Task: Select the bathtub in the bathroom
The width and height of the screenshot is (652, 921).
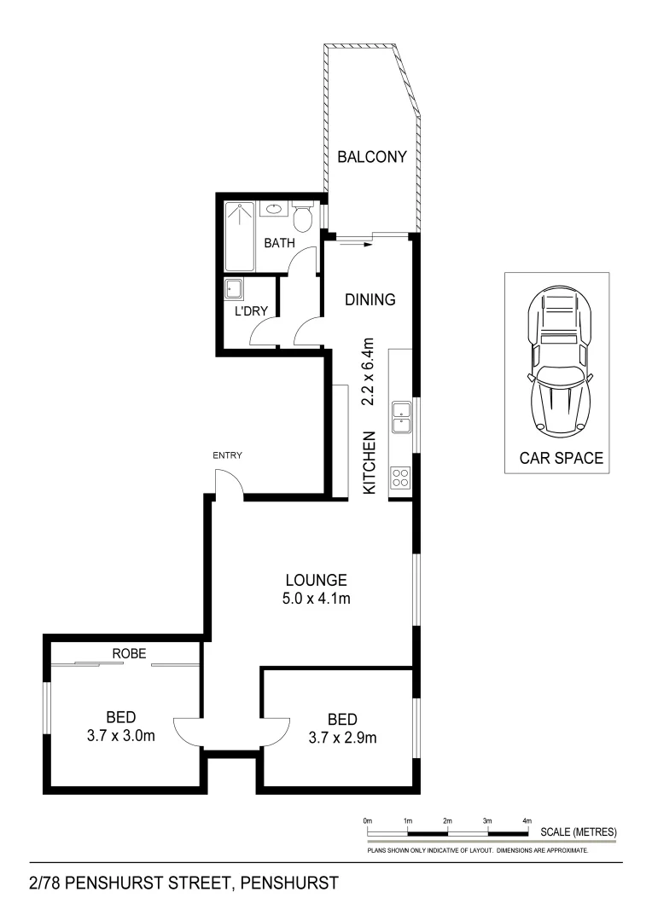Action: click(241, 235)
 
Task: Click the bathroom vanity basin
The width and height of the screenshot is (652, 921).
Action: click(275, 209)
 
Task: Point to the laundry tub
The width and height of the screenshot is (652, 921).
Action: click(235, 290)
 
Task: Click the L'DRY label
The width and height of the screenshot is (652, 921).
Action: click(253, 312)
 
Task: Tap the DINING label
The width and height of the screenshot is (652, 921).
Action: click(370, 299)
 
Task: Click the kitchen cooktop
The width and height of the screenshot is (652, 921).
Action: click(399, 480)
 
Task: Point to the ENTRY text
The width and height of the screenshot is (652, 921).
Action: click(228, 455)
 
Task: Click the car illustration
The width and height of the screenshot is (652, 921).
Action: click(557, 362)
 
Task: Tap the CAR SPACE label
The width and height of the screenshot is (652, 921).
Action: click(561, 458)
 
